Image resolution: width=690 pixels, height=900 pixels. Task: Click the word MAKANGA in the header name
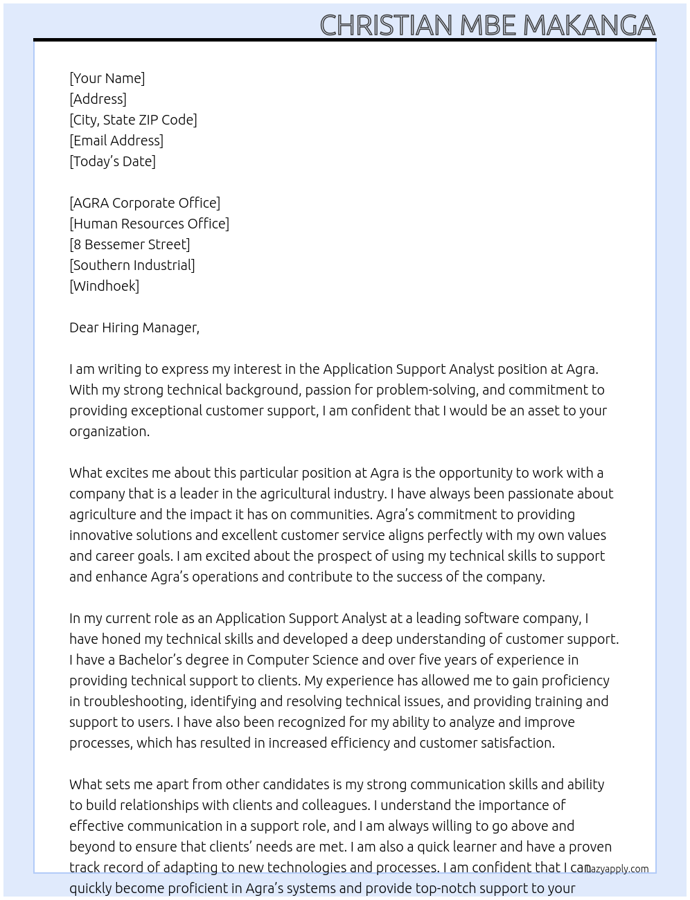coord(588,26)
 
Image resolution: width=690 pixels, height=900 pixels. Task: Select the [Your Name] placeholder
coord(107,78)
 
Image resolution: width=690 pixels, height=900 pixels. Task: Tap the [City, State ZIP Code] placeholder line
coord(133,120)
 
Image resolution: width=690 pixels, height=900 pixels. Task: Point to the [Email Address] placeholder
coord(116,141)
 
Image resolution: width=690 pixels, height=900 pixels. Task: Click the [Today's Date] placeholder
coord(112,161)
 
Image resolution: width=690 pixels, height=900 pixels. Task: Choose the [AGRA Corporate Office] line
coord(145,203)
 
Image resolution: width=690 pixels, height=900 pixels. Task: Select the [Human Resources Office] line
coord(149,224)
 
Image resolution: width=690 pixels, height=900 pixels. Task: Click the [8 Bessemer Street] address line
coord(130,244)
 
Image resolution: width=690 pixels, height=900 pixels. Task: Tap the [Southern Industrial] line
coord(132,265)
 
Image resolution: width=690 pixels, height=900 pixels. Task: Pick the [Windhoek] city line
coord(104,286)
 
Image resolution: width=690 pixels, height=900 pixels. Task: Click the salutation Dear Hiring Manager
coord(134,327)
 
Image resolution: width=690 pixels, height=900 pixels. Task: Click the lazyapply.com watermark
coord(617,869)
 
